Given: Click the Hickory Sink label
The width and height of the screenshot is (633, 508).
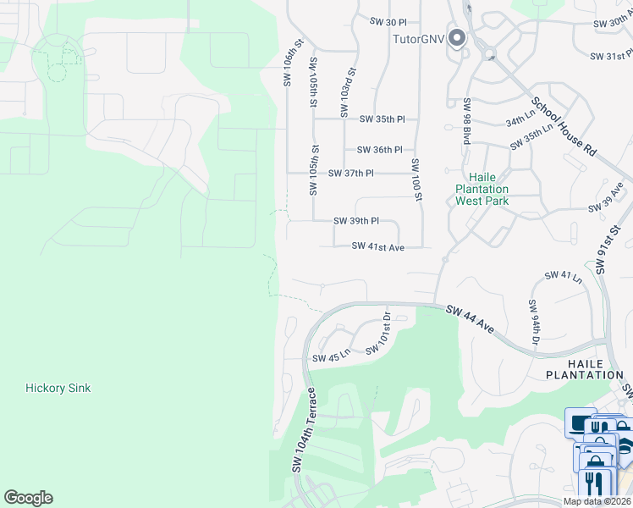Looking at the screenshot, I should coord(58,389).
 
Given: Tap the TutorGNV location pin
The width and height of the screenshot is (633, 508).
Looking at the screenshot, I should coord(458,39).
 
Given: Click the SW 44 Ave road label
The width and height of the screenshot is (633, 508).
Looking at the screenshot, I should coord(471,319).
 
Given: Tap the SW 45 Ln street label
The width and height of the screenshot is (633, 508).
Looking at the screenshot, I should coord(332,358).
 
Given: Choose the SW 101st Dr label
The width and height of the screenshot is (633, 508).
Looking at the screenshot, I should coord(378,334).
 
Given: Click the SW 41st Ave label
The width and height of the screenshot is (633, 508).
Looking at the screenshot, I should coord(378,246).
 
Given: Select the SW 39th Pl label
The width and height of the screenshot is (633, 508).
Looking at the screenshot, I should coord(355,221).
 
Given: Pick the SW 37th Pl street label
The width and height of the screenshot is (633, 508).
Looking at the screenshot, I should coord(350,173).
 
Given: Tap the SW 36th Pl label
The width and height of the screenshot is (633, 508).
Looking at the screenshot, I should coord(379,150).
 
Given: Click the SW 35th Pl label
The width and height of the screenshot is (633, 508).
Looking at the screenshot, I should coord(383,120).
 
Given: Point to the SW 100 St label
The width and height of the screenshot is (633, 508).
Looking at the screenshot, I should coord(416,179).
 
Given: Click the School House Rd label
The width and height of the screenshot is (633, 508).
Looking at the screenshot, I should coord(564,126).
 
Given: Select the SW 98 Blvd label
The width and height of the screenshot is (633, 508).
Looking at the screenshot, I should coord(466,120).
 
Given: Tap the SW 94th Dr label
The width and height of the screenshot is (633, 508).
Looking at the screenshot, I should coord(534,323).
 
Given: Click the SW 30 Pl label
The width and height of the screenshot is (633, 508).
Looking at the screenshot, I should coord(389,21).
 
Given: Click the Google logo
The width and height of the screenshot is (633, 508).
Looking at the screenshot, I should coord(28,498).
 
